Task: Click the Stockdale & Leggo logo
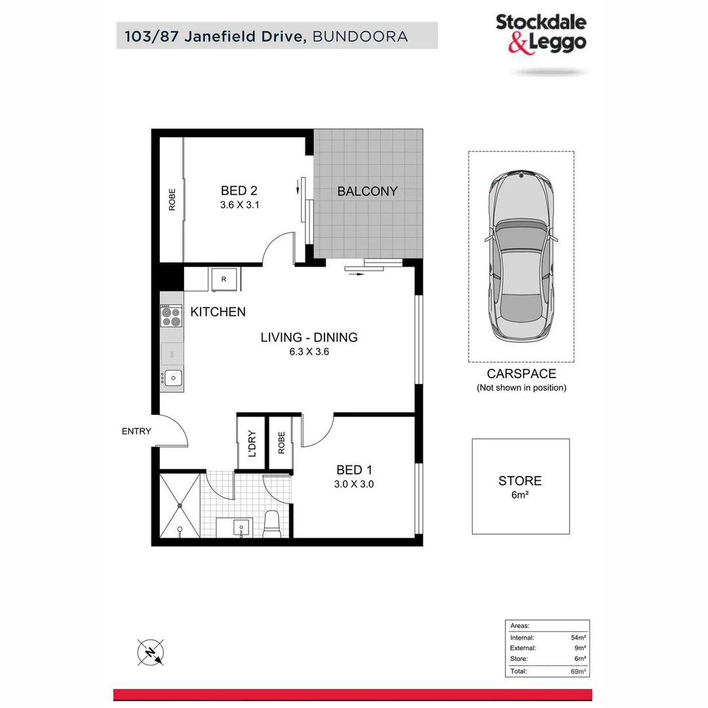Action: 541,33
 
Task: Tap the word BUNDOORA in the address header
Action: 360,36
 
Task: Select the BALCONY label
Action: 367,191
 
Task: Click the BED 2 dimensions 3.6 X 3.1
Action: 239,205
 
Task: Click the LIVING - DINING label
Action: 309,338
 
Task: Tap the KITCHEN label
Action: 218,312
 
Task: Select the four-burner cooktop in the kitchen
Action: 172,317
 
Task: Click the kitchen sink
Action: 173,378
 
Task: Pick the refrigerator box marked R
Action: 224,279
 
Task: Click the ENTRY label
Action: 136,431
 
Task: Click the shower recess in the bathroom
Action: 181,505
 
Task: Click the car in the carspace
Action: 521,257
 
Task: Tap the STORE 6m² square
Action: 521,486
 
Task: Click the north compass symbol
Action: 150,653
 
